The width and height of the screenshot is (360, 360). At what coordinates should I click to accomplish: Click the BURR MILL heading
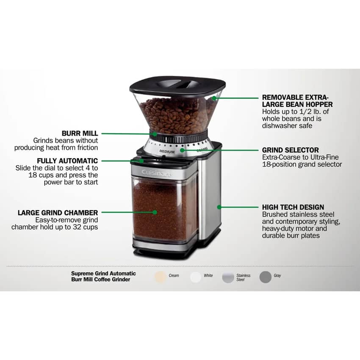80,133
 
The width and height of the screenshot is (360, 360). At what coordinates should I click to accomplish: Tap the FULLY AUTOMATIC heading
67,161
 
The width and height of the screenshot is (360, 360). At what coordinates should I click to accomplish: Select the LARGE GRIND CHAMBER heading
58,213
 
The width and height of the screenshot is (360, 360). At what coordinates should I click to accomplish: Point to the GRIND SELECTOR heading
291,150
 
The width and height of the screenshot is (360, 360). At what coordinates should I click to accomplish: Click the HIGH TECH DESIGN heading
293,207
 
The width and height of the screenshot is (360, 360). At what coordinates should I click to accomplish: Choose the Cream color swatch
160,277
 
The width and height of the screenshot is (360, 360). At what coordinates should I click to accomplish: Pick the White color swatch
196,277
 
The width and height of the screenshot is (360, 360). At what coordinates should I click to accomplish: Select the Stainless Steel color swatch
228,277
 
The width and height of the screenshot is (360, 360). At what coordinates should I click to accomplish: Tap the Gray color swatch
266,277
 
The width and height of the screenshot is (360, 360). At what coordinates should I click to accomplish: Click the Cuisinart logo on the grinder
156,173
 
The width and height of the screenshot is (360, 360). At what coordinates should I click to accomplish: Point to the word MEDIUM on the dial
167,152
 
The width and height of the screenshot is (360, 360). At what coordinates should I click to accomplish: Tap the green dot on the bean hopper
214,98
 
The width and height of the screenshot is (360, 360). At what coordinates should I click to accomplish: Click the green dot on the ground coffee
155,212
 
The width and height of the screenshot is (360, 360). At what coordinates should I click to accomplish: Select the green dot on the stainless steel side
219,207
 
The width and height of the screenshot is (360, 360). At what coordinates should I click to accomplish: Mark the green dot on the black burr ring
155,134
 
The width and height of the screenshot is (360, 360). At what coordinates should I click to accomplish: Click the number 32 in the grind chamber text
77,227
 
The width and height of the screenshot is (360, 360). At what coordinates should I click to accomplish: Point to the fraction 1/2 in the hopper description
305,111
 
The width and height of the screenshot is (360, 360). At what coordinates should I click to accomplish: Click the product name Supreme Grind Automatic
103,274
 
